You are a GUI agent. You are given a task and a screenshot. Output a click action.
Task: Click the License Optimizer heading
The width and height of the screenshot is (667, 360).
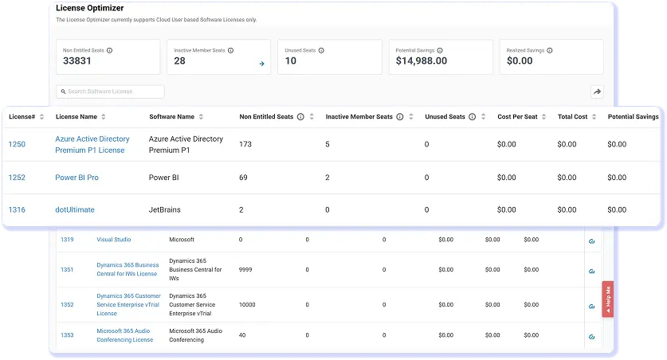coord(90,8)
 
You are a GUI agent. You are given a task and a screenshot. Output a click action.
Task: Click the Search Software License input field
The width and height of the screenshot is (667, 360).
coord(110,92)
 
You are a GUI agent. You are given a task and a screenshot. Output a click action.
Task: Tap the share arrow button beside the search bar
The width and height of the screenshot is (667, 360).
coord(597,92)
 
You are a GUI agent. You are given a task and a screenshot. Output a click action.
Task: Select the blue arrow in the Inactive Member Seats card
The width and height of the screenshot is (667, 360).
coord(261,64)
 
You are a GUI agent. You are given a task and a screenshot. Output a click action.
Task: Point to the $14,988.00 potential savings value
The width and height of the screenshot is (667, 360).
coord(421,61)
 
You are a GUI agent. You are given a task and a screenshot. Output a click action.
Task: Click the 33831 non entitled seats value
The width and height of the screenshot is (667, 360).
coord(77,61)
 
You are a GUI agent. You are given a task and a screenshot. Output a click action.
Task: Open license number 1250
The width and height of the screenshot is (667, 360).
coord(17,144)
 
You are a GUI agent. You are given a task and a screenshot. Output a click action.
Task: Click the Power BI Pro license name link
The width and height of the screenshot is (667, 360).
coord(77,178)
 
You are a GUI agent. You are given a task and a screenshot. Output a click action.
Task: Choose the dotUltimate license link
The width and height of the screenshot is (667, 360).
coord(75,209)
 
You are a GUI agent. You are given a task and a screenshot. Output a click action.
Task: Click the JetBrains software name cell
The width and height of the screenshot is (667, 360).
coord(165,209)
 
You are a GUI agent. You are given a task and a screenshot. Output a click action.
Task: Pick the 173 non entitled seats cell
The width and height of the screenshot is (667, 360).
coord(245,144)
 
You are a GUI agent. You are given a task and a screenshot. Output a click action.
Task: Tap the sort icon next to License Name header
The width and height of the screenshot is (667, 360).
coord(104,116)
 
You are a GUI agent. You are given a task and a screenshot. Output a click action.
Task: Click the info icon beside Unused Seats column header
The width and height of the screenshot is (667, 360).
coord(473,116)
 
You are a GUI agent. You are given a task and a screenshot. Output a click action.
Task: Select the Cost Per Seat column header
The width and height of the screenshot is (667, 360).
coord(517,116)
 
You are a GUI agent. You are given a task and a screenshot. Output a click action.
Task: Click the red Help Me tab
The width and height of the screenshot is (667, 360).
coord(607,299)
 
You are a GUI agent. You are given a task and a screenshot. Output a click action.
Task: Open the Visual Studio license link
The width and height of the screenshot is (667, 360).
coord(114,239)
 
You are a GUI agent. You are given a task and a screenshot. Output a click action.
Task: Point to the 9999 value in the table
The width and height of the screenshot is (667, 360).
coord(245,269)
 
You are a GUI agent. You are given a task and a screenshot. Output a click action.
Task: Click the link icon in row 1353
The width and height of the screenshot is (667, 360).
coord(592,337)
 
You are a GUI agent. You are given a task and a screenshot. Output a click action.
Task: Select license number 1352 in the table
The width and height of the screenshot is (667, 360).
coord(67,305)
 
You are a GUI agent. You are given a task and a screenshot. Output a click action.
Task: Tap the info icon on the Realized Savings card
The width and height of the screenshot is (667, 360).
coord(550,50)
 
